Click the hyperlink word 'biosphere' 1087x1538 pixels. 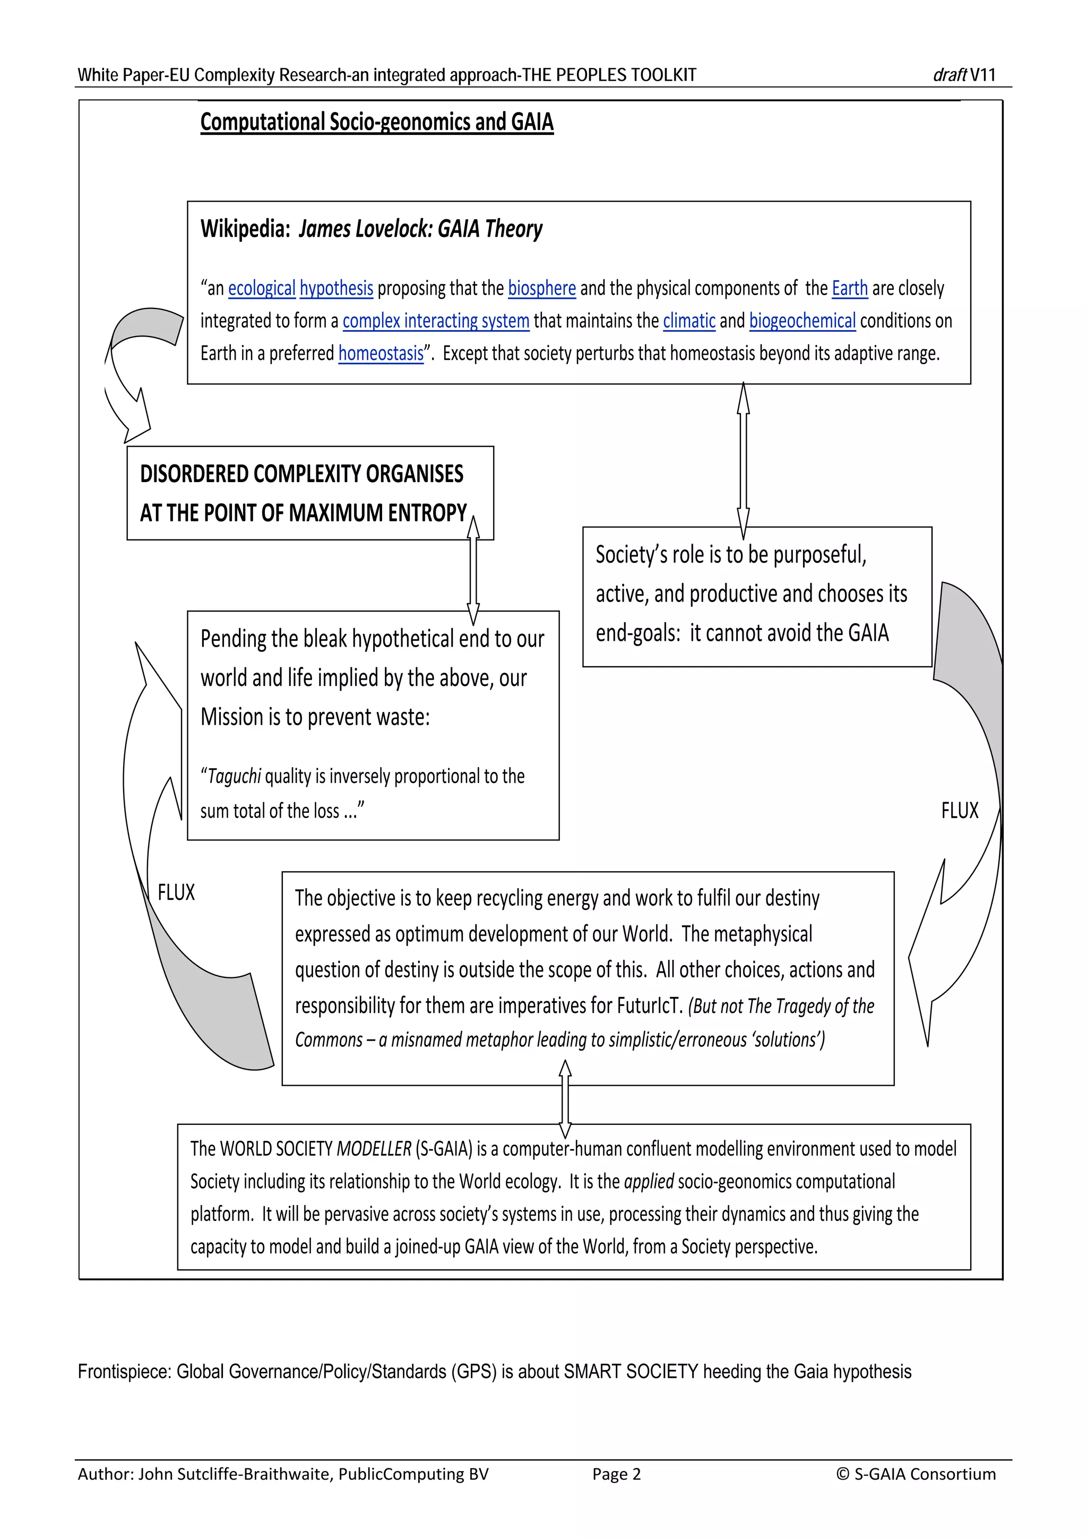(x=541, y=289)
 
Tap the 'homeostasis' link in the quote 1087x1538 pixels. (x=381, y=354)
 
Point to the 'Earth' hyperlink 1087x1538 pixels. (x=849, y=289)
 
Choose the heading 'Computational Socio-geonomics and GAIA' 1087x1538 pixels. (x=376, y=123)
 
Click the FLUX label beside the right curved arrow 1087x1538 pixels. (x=959, y=811)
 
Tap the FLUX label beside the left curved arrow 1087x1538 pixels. (x=176, y=893)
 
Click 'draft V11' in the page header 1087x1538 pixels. (x=964, y=75)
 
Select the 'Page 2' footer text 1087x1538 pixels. (x=616, y=1474)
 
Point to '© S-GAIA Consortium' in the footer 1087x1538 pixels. (x=916, y=1474)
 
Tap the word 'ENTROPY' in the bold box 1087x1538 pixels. (x=427, y=514)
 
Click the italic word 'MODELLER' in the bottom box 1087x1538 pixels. (x=374, y=1149)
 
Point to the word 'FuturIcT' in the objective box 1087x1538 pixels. (x=648, y=1006)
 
